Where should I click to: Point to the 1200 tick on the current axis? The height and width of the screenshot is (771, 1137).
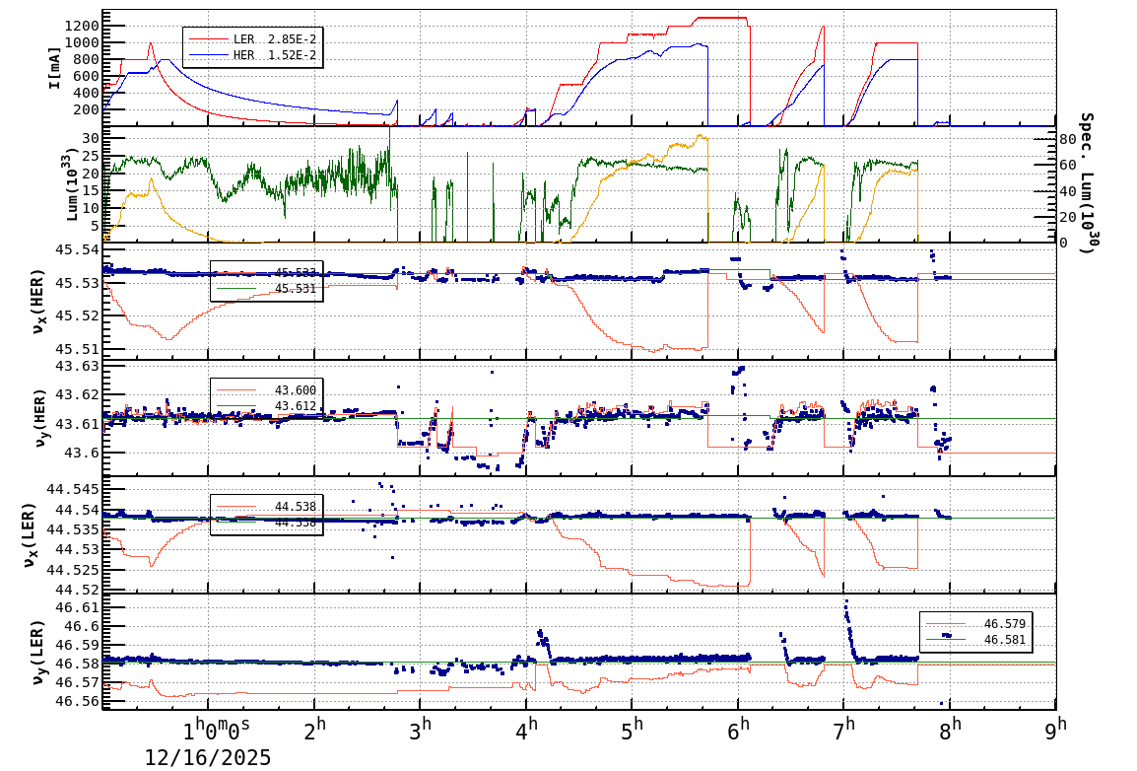coord(78,26)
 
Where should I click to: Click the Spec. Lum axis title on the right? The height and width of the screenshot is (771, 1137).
coord(1087,183)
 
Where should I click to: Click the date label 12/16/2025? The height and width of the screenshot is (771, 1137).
coord(208,757)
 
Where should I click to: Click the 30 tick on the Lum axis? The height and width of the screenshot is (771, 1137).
coord(88,138)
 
